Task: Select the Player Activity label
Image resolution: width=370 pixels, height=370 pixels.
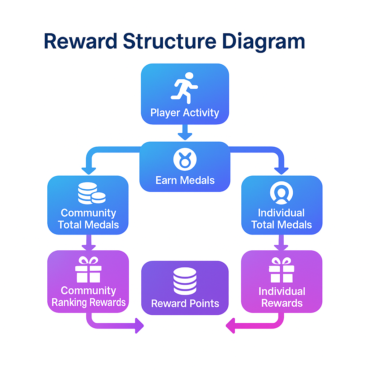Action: (x=185, y=113)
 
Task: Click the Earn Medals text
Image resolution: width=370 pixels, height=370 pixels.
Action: (x=185, y=180)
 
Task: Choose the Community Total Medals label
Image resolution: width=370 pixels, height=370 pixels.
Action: (x=89, y=219)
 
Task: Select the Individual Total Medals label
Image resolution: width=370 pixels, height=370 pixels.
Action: (x=281, y=219)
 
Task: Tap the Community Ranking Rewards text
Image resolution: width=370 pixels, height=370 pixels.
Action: (x=89, y=296)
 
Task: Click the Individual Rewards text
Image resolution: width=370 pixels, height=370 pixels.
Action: (x=281, y=297)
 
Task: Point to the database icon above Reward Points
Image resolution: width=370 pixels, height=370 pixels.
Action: (x=185, y=281)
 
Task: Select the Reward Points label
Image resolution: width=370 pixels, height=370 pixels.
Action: (x=185, y=304)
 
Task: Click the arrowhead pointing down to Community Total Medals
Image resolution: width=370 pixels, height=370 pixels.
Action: (x=89, y=170)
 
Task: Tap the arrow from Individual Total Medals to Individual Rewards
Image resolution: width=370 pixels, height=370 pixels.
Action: (x=281, y=242)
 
